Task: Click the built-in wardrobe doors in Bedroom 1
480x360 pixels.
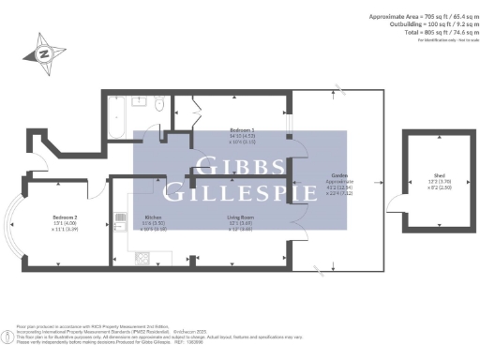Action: pos(192,105)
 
